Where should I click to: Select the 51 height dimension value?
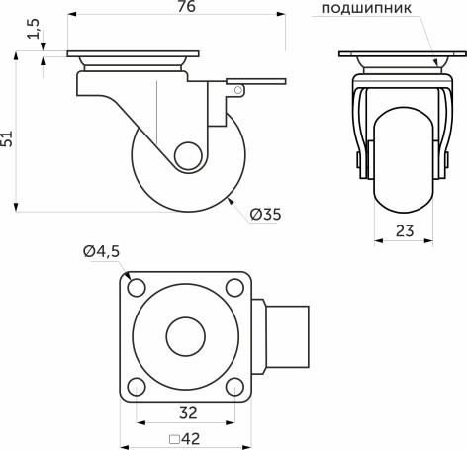tap(9, 138)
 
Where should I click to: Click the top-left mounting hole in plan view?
tap(135, 288)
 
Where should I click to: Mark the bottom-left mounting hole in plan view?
tap(135, 386)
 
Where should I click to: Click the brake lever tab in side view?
tap(256, 80)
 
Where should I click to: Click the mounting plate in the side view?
tap(133, 54)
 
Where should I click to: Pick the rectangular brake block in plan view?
tap(288, 336)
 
